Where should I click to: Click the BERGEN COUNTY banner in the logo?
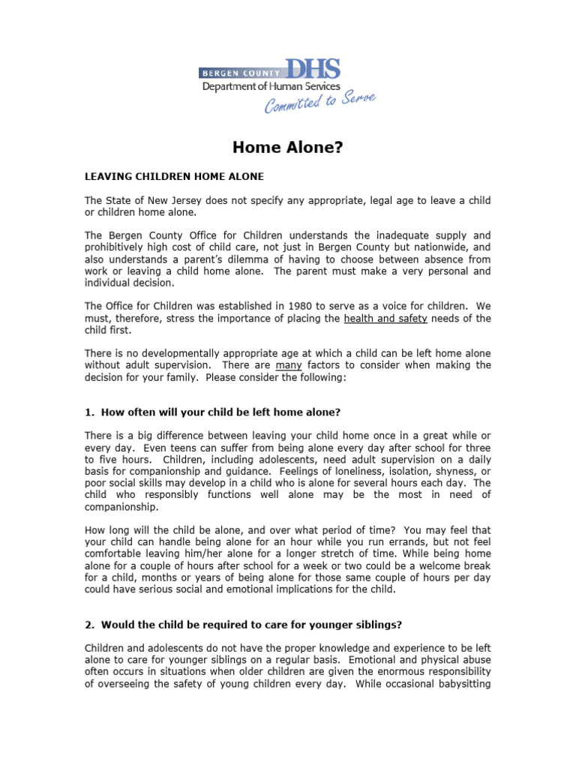(x=239, y=73)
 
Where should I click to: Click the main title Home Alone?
(x=287, y=148)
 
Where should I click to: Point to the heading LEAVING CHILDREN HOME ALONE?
(x=174, y=177)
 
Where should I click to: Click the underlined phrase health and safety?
(x=385, y=318)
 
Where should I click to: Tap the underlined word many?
(x=289, y=365)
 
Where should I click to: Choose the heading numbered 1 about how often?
(x=213, y=412)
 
